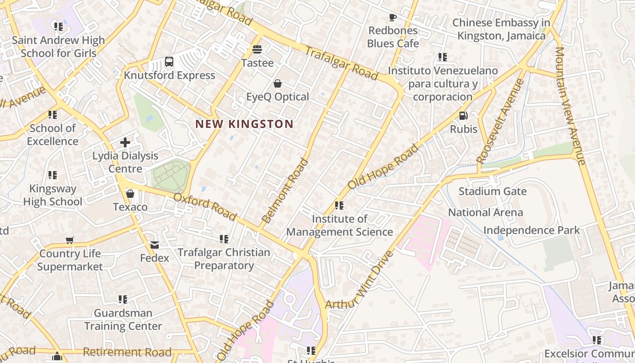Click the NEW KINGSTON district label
point(244,124)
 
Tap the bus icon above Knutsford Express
point(169,62)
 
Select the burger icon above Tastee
point(257,49)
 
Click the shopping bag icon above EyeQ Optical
point(277,83)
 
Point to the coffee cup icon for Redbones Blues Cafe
point(393,18)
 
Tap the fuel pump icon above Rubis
point(463,116)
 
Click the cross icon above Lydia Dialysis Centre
point(125,142)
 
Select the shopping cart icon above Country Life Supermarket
point(70,240)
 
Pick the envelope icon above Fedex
point(155,245)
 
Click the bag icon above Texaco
point(130,194)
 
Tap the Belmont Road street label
point(285,191)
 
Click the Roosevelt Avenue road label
point(500,121)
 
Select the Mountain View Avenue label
point(570,106)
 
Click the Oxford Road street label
point(205,206)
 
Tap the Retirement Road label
point(127,352)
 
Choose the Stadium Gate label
point(493,191)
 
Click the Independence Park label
point(531,230)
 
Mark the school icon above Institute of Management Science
point(339,206)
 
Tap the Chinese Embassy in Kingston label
point(501,29)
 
